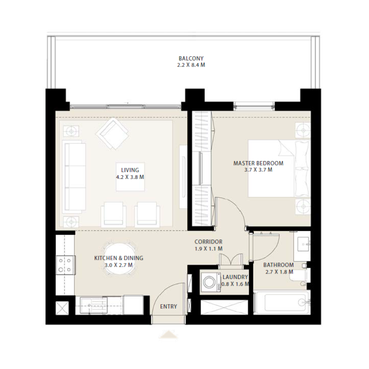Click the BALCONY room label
(191, 59)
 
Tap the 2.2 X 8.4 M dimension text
(191, 65)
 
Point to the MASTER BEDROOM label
(258, 163)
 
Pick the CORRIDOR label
(208, 242)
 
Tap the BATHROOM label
(279, 265)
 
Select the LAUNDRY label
(235, 277)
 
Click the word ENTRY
(168, 307)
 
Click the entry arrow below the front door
(168, 334)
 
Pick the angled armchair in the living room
(112, 134)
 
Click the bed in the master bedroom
(277, 168)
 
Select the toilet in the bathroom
(300, 276)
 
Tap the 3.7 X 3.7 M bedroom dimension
(258, 170)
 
